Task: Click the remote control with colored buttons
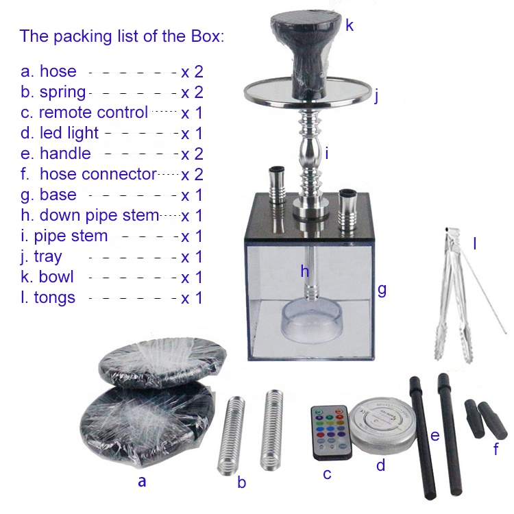[332, 432]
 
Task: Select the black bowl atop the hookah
[306, 53]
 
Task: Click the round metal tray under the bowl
[308, 93]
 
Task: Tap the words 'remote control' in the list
[93, 112]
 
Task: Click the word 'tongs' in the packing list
[54, 298]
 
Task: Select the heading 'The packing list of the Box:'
[121, 36]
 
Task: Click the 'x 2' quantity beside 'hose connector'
[192, 174]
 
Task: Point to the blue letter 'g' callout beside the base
[382, 290]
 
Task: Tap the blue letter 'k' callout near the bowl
[350, 25]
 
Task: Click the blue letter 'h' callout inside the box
[305, 271]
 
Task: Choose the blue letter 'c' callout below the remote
[327, 474]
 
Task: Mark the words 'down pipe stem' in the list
[99, 215]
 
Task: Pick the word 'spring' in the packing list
[62, 93]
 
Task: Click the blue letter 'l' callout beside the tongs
[474, 243]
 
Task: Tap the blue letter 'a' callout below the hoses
[142, 482]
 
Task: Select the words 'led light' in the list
[69, 133]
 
